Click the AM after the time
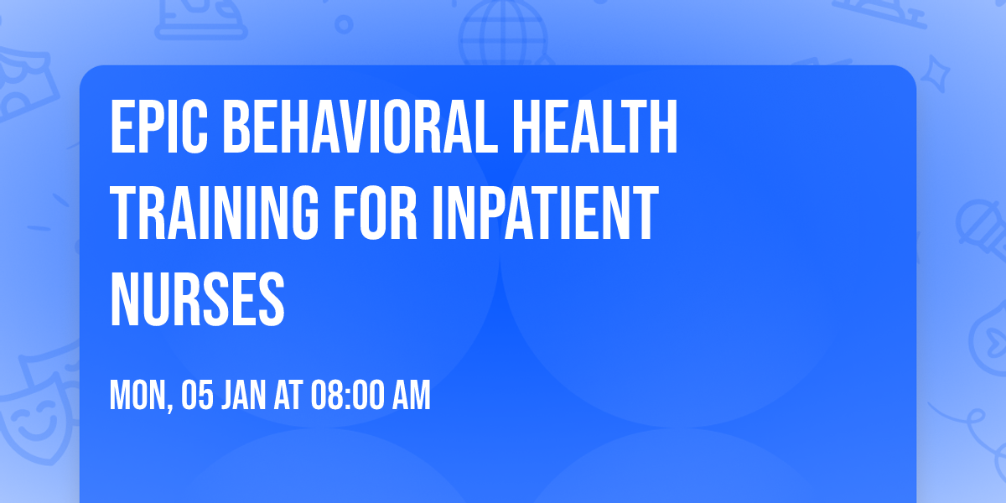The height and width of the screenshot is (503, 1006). click(x=412, y=395)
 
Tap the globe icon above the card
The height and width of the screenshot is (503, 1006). click(x=500, y=29)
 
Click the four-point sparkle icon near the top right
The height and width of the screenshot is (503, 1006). click(x=941, y=71)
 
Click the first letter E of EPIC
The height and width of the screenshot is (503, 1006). click(x=120, y=127)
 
